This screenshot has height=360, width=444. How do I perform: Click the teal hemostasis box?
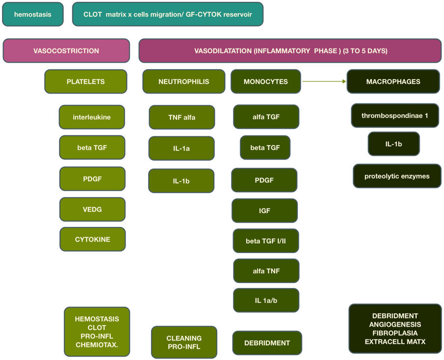pyautogui.click(x=33, y=14)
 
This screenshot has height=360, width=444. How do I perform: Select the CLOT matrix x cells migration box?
pyautogui.click(x=167, y=14)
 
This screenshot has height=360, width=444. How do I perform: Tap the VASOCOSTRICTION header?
pyautogui.click(x=66, y=51)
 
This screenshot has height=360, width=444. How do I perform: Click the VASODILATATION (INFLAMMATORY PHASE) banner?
pyautogui.click(x=290, y=51)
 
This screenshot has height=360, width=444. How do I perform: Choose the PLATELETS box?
pyautogui.click(x=85, y=81)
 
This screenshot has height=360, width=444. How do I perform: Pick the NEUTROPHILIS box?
pyautogui.click(x=183, y=81)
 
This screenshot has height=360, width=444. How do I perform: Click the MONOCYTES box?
pyautogui.click(x=265, y=81)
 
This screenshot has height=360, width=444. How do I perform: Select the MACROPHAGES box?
pyautogui.click(x=393, y=81)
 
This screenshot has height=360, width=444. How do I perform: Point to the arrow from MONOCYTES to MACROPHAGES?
pyautogui.click(x=324, y=81)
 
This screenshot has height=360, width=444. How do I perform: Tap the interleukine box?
pyautogui.click(x=92, y=117)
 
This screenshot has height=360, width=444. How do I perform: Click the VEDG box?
pyautogui.click(x=92, y=209)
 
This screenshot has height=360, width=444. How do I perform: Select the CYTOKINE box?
pyautogui.click(x=92, y=239)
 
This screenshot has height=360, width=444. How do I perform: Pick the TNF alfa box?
pyautogui.click(x=182, y=117)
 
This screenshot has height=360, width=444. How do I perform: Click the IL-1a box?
pyautogui.click(x=181, y=149)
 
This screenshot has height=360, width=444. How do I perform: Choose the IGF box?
pyautogui.click(x=264, y=211)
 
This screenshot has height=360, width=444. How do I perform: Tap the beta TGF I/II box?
pyautogui.click(x=265, y=241)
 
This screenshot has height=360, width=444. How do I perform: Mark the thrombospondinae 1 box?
pyautogui.click(x=395, y=116)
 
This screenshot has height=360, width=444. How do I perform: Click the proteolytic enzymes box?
pyautogui.click(x=397, y=176)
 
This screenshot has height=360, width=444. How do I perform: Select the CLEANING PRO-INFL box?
pyautogui.click(x=184, y=342)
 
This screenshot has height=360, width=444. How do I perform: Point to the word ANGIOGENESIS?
pyautogui.click(x=395, y=324)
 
